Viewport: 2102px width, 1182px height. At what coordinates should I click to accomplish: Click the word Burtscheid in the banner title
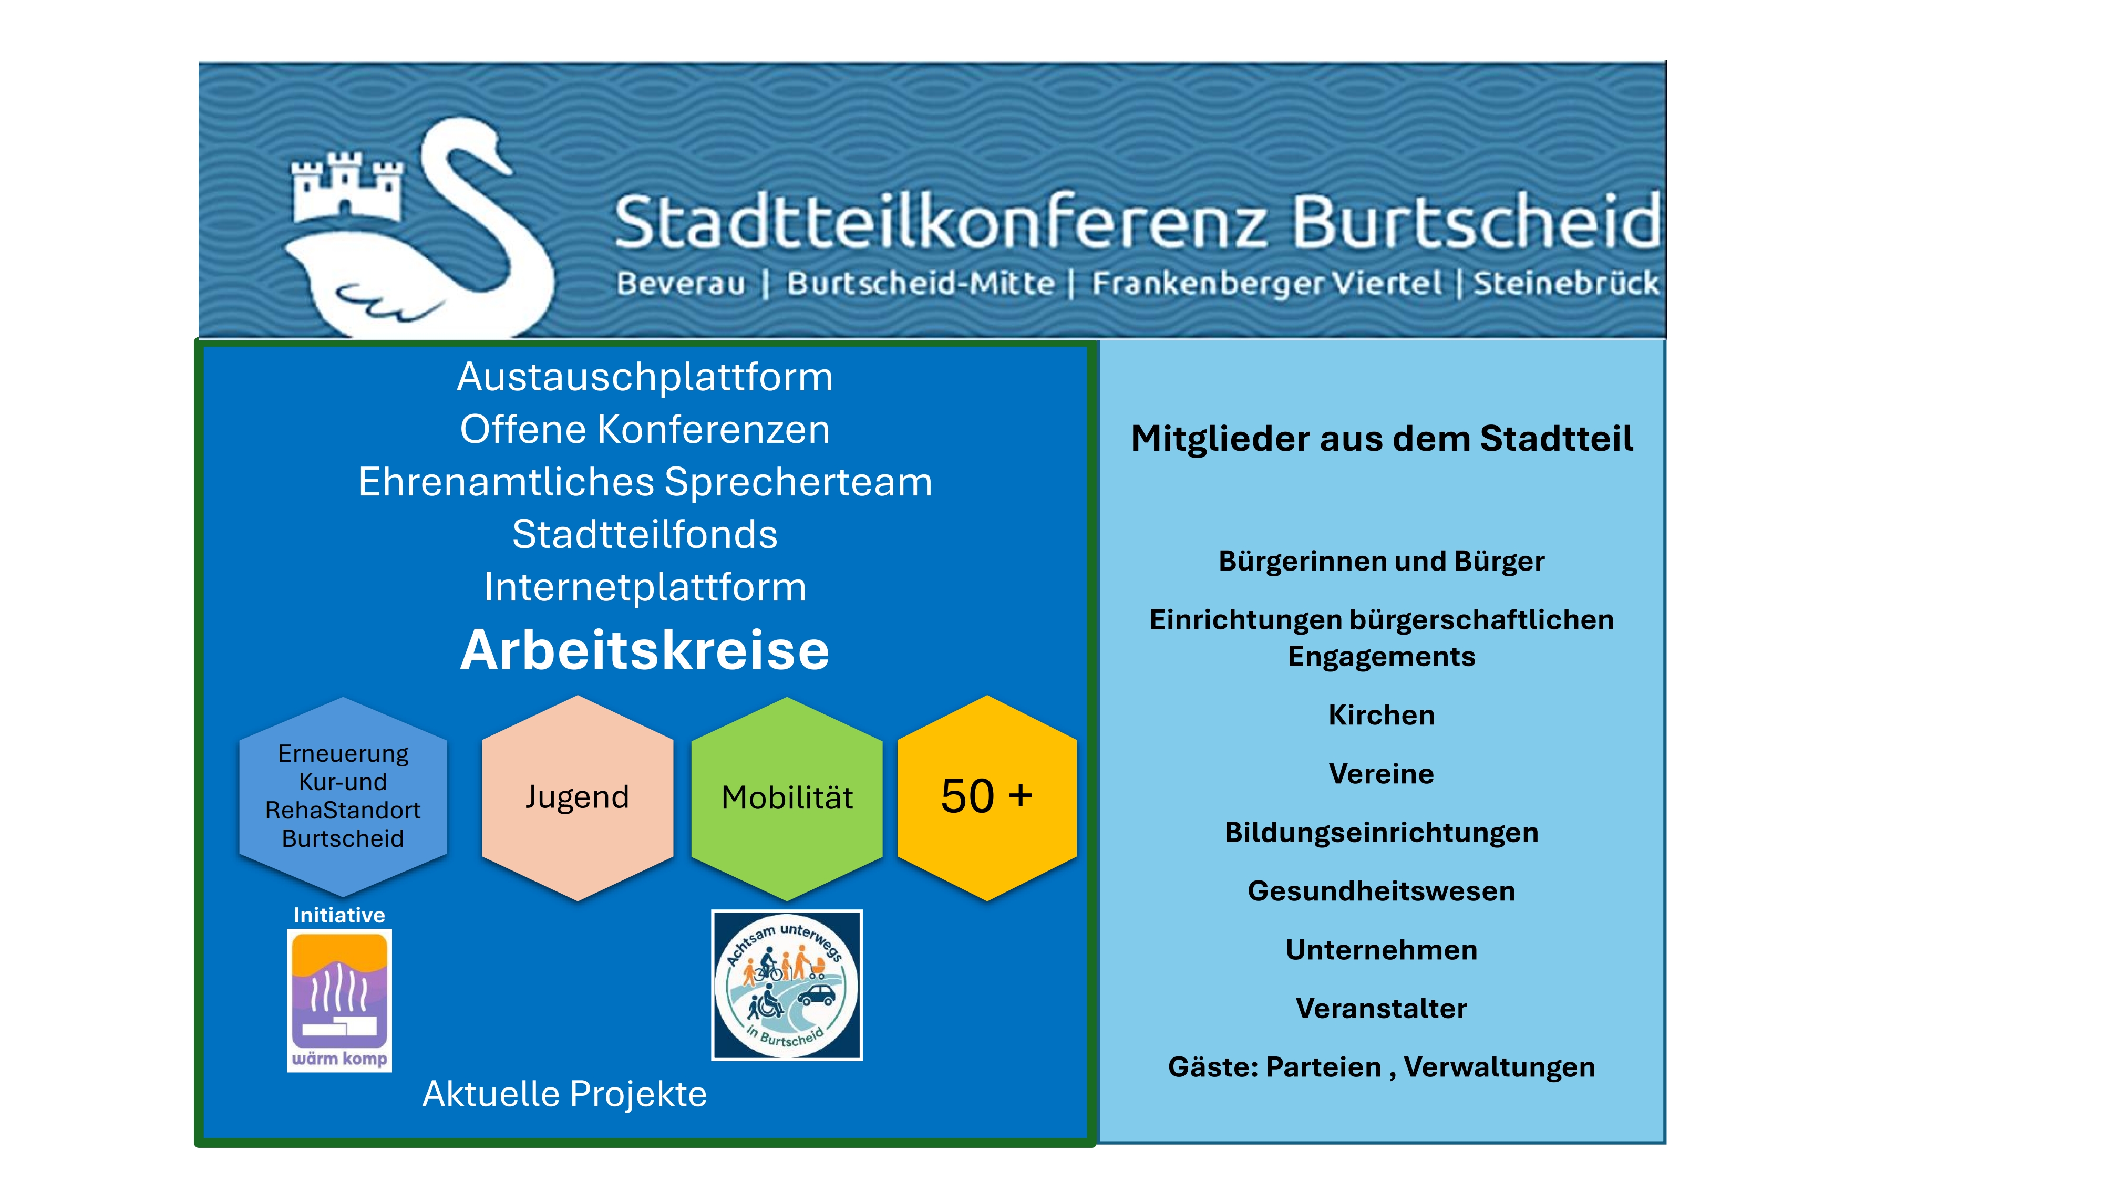[x=1475, y=221]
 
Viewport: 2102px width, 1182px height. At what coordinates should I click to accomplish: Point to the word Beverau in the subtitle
[x=681, y=284]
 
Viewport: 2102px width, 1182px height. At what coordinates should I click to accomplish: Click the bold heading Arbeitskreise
[x=645, y=650]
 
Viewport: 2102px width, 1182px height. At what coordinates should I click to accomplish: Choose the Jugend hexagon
[x=578, y=798]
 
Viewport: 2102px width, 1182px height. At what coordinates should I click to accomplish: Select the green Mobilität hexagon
[x=787, y=798]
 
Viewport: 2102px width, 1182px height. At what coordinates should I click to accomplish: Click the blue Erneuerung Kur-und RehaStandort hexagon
[x=343, y=796]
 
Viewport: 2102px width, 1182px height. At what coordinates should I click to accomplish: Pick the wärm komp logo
[x=339, y=1001]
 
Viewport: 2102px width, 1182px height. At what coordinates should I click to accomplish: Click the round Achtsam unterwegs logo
[x=787, y=986]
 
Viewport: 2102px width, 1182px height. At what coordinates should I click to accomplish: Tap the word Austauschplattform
[x=645, y=377]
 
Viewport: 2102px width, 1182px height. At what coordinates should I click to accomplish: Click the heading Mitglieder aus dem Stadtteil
[x=1382, y=439]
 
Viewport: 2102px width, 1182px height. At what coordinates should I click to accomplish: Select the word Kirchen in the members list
[x=1382, y=714]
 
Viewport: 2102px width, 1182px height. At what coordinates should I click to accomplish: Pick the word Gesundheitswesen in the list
[x=1382, y=891]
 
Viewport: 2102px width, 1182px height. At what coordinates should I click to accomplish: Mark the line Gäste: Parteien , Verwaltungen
[x=1382, y=1067]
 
